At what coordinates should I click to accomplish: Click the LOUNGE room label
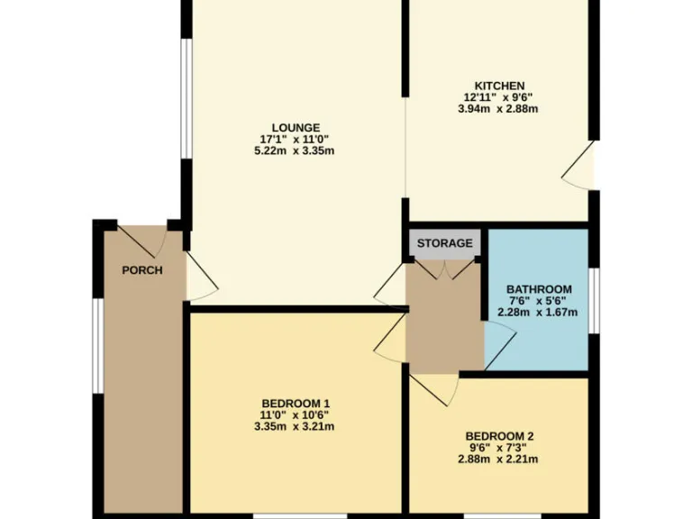(x=296, y=127)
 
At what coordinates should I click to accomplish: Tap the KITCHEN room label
(x=500, y=86)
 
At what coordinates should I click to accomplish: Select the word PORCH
(x=142, y=270)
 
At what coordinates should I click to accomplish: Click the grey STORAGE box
(x=444, y=243)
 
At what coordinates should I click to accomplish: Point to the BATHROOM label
(x=539, y=289)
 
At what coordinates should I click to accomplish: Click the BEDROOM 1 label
(x=296, y=403)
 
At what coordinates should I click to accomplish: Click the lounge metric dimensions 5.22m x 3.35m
(x=296, y=150)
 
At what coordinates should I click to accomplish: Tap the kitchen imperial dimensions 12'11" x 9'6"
(x=500, y=97)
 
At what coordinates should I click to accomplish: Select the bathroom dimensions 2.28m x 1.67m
(x=538, y=313)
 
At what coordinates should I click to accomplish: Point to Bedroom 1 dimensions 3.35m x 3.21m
(x=296, y=426)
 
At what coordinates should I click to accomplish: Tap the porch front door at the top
(x=141, y=239)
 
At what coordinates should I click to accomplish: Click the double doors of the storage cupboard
(x=444, y=269)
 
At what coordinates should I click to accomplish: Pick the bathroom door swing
(x=498, y=345)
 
